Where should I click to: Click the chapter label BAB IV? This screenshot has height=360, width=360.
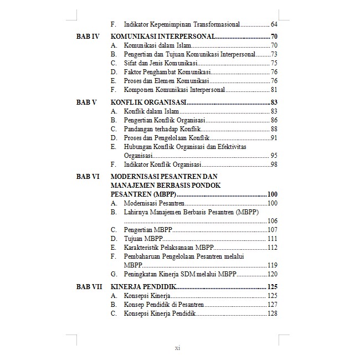click(x=87, y=36)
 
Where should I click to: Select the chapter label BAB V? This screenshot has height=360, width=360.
click(x=86, y=102)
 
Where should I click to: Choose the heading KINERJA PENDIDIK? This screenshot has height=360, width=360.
click(x=143, y=287)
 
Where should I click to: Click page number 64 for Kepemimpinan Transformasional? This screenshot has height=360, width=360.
click(x=274, y=24)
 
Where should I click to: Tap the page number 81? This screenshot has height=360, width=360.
click(x=274, y=90)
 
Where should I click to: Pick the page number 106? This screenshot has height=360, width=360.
click(x=272, y=220)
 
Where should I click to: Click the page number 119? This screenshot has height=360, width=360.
click(x=272, y=265)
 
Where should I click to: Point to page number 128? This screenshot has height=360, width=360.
click(x=272, y=313)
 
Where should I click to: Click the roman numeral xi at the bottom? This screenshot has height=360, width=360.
click(x=178, y=348)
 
